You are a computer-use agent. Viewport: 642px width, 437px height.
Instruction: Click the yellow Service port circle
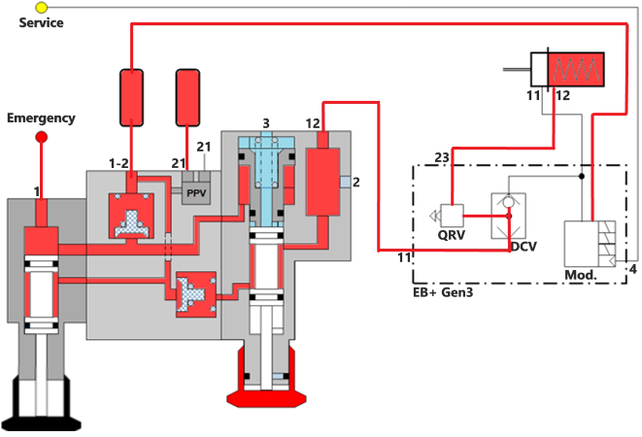click(x=41, y=7)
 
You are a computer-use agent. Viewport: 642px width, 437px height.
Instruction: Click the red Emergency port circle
click(x=41, y=137)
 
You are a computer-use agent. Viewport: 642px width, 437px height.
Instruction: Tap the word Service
click(x=41, y=22)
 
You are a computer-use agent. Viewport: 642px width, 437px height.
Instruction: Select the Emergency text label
click(x=41, y=118)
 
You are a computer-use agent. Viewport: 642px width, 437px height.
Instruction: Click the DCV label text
click(x=525, y=247)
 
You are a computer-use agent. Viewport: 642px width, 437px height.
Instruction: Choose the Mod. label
click(x=580, y=275)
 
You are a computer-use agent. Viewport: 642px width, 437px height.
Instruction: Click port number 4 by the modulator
click(x=632, y=268)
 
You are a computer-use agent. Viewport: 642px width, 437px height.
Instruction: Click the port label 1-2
click(x=120, y=161)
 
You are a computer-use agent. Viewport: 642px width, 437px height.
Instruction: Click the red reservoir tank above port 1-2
click(x=132, y=97)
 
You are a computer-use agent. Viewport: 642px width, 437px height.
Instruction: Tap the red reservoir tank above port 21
click(x=189, y=97)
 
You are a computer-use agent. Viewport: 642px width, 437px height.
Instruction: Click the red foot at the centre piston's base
click(x=265, y=396)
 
